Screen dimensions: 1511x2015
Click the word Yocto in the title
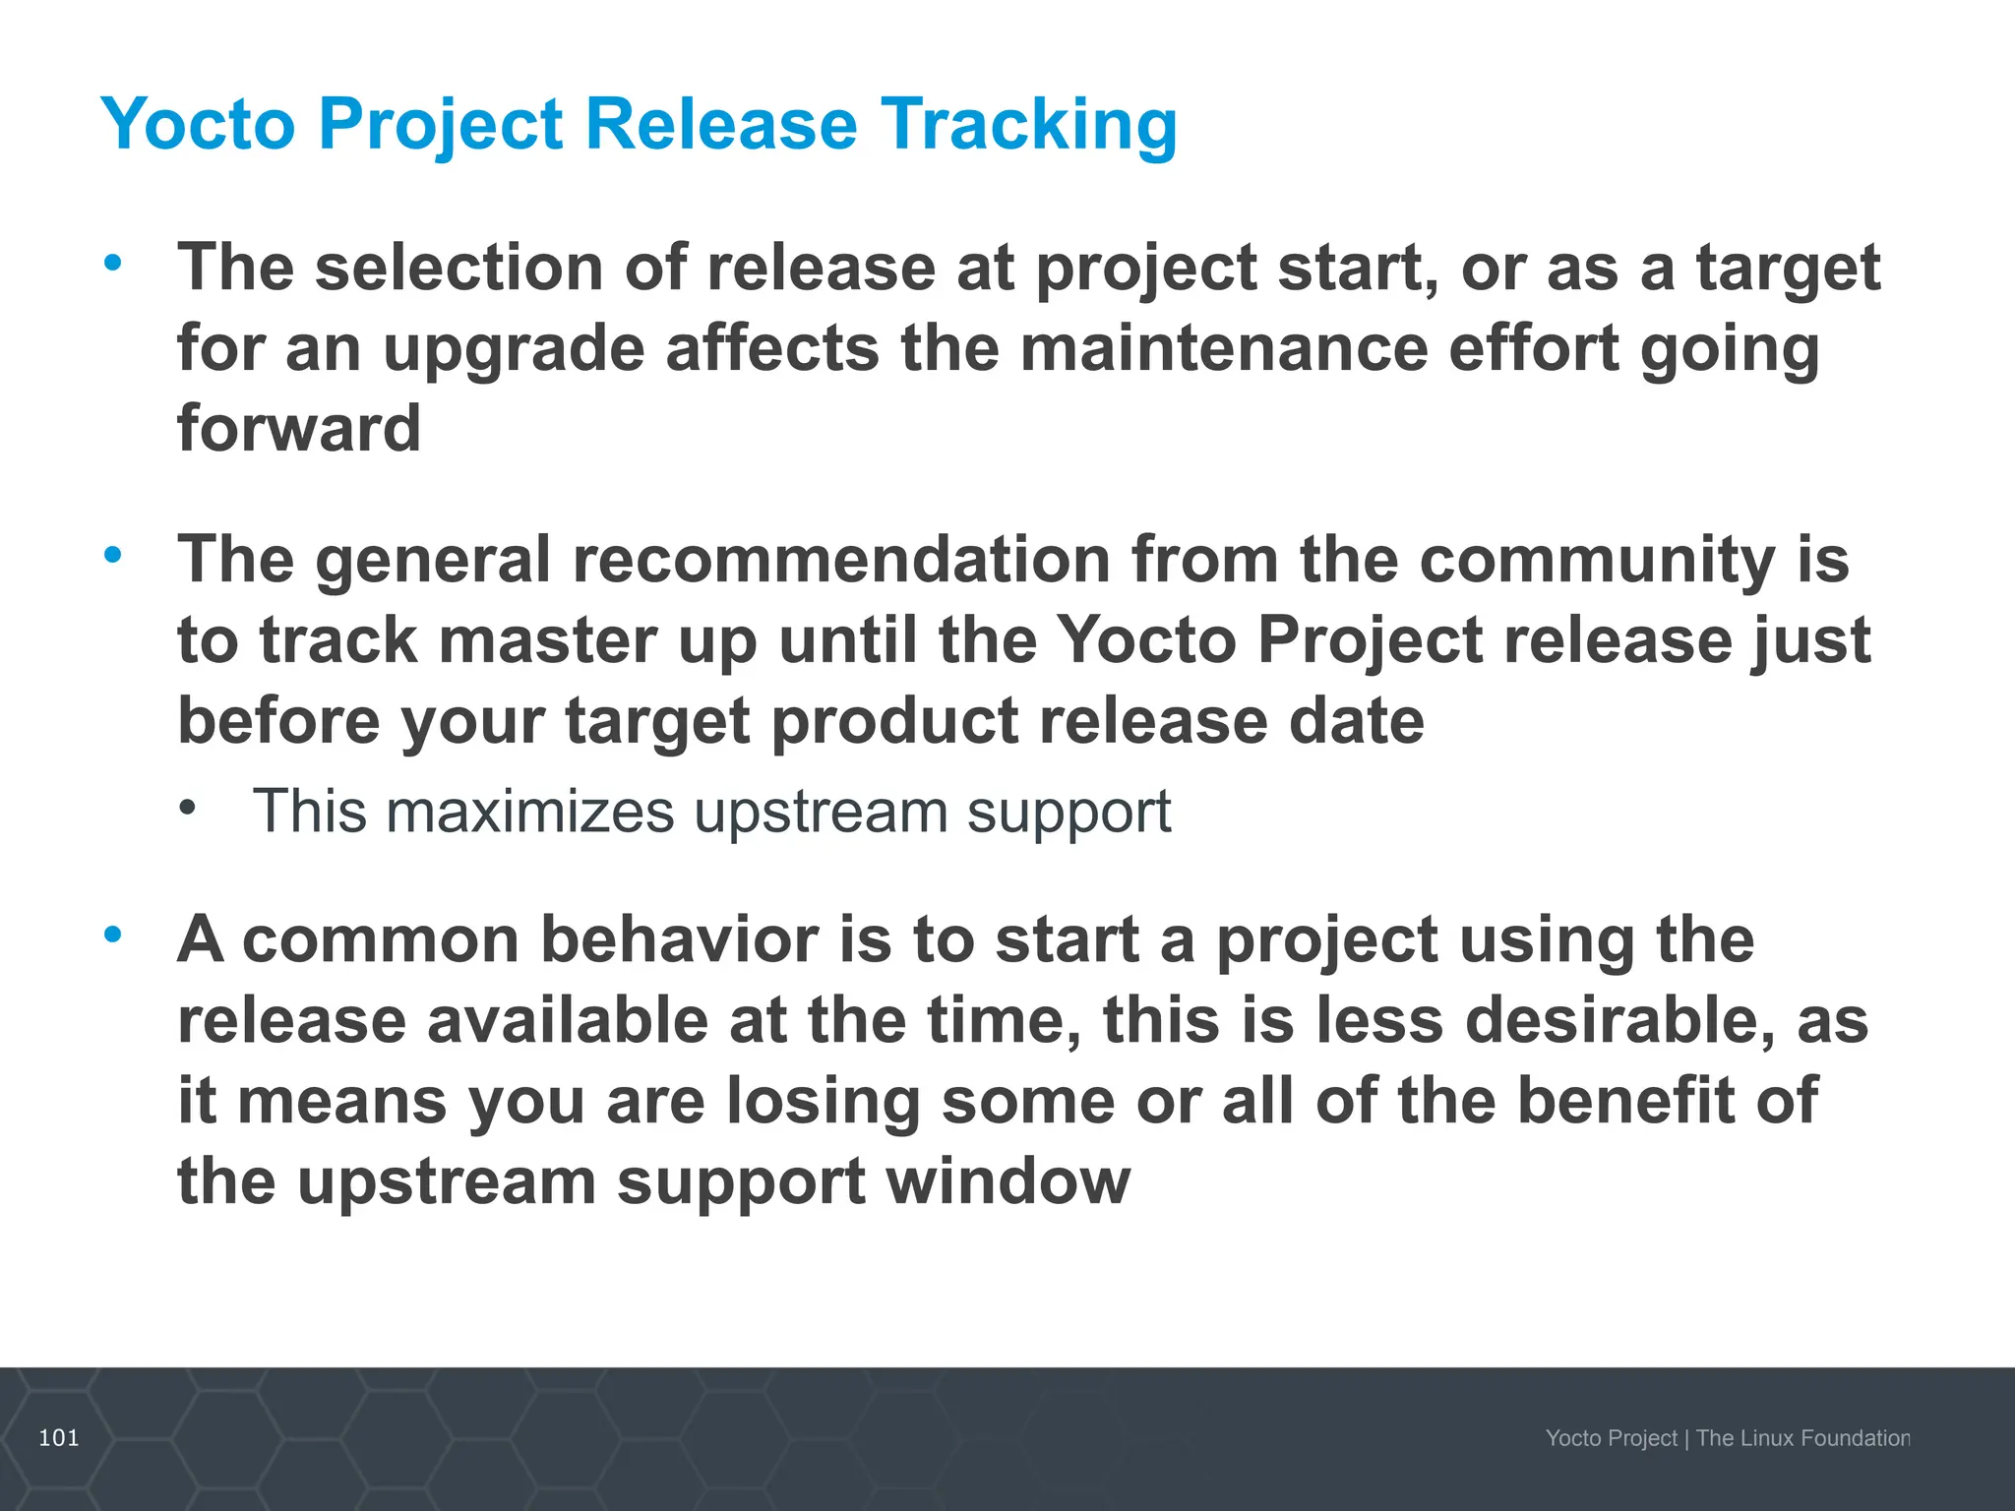coord(197,126)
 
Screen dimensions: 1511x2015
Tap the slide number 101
coord(58,1438)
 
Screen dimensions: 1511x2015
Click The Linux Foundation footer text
coord(1802,1438)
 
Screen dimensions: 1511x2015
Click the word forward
coord(299,429)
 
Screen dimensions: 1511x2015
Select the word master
coord(546,640)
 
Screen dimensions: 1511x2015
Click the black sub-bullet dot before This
coord(189,809)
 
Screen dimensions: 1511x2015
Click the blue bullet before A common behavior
coord(113,934)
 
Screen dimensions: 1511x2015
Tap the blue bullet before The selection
coord(113,262)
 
